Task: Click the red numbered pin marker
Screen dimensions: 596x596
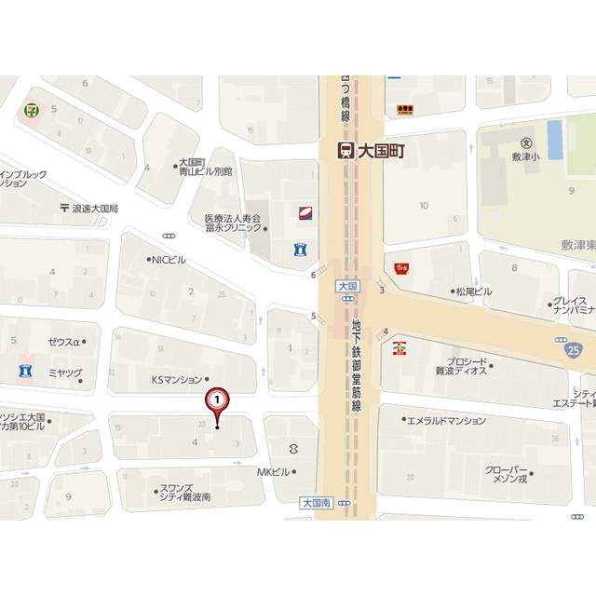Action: (x=217, y=400)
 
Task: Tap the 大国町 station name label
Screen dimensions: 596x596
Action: (x=380, y=150)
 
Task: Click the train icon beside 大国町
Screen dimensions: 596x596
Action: (x=345, y=150)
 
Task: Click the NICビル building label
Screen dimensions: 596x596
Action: (x=169, y=260)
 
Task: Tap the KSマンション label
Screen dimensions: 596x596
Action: (x=176, y=379)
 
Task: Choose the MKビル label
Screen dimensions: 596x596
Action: (x=274, y=472)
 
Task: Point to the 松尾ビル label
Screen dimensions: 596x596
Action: (x=473, y=291)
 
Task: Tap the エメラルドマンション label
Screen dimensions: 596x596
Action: (x=447, y=420)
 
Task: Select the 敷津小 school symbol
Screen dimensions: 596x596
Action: (x=525, y=143)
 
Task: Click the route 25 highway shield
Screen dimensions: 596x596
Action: (x=571, y=347)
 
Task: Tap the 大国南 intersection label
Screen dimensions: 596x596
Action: (x=316, y=502)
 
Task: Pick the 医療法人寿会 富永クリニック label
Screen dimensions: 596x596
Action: (x=233, y=224)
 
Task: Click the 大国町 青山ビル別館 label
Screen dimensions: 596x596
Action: (x=205, y=167)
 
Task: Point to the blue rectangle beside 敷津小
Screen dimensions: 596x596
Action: (x=555, y=140)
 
